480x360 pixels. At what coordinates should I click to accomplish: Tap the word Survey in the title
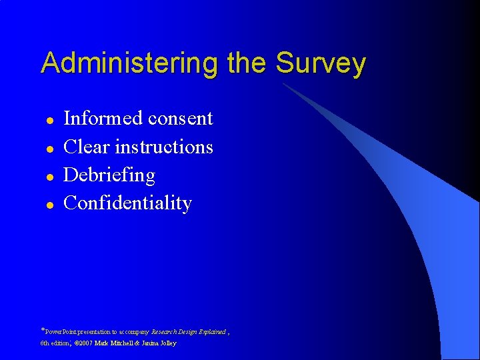pyautogui.click(x=321, y=63)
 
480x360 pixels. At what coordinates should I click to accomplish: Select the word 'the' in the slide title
pyautogui.click(x=247, y=63)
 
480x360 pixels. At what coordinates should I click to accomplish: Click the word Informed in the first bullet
pyautogui.click(x=103, y=118)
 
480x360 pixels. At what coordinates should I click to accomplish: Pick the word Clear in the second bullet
pyautogui.click(x=86, y=147)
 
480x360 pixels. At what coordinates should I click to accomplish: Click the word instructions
pyautogui.click(x=164, y=147)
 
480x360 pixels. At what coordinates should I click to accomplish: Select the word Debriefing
pyautogui.click(x=109, y=175)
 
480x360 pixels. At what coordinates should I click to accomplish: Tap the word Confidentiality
pyautogui.click(x=127, y=203)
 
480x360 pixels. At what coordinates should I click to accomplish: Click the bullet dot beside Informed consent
pyautogui.click(x=49, y=121)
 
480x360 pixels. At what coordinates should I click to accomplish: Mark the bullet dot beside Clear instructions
pyautogui.click(x=49, y=149)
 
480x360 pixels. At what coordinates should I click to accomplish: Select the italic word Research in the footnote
pyautogui.click(x=164, y=331)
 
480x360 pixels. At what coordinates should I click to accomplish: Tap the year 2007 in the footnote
pyautogui.click(x=85, y=343)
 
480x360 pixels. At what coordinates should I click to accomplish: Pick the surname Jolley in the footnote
pyautogui.click(x=166, y=343)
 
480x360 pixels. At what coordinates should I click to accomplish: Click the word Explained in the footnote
pyautogui.click(x=211, y=331)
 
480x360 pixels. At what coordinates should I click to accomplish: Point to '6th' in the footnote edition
pyautogui.click(x=45, y=343)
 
